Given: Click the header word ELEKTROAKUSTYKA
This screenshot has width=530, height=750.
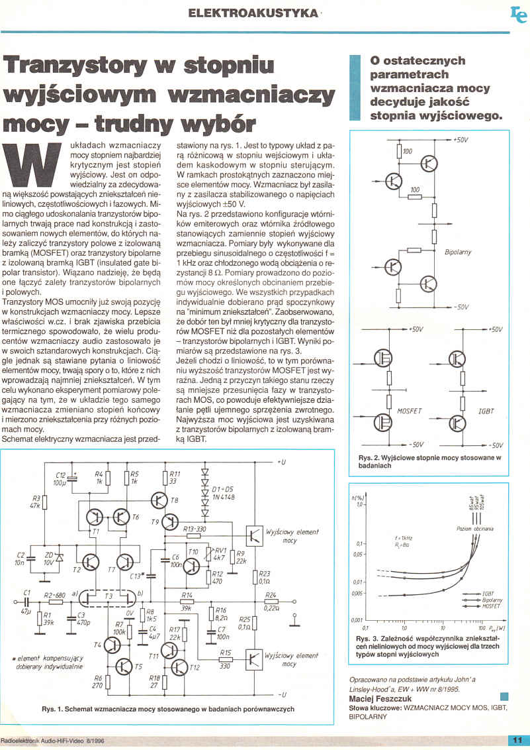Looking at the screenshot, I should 243,13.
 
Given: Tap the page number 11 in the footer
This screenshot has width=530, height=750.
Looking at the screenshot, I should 517,740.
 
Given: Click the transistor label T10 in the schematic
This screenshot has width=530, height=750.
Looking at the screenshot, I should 193,552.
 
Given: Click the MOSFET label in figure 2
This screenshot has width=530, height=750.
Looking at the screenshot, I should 409,411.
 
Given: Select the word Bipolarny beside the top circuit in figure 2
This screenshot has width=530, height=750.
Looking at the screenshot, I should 459,253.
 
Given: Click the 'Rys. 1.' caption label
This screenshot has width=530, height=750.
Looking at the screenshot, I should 53,709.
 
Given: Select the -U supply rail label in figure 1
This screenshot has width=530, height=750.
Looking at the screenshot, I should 282,694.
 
